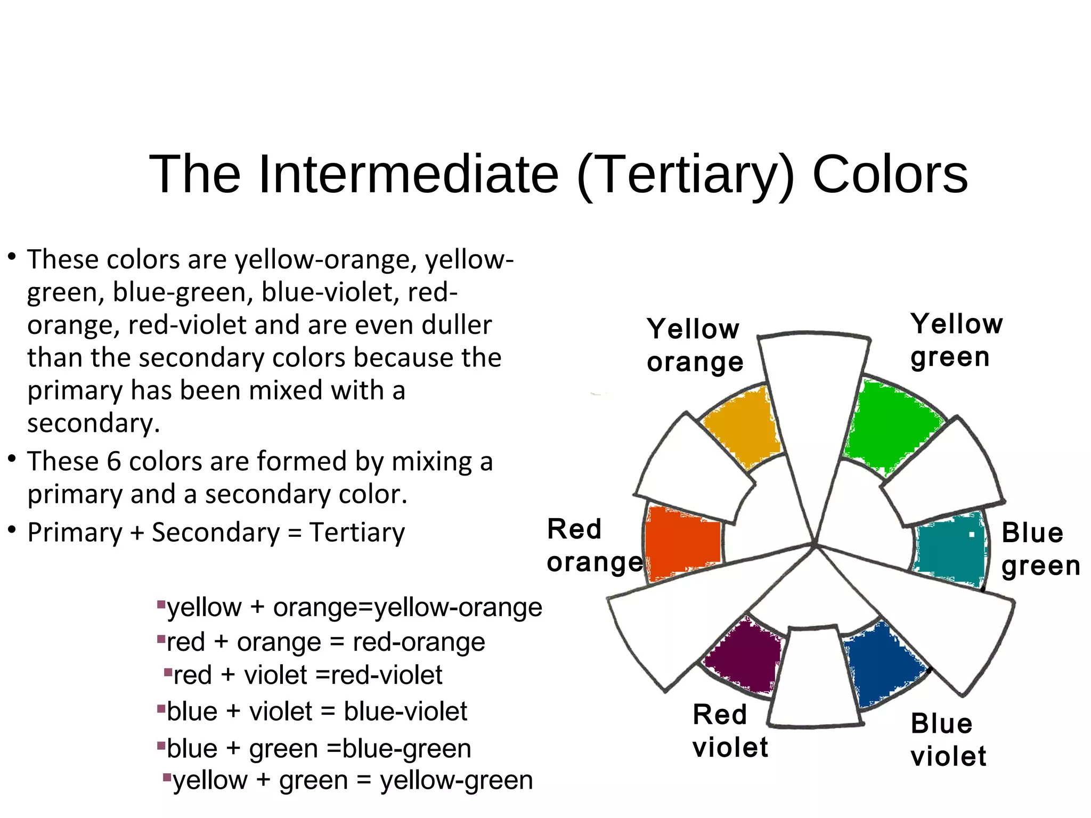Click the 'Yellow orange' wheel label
tap(694, 346)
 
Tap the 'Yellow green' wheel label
tap(956, 340)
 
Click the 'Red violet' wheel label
tap(730, 731)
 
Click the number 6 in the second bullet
tap(113, 461)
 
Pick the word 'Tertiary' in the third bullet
tap(357, 533)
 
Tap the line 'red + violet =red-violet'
tap(307, 675)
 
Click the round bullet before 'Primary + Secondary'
tap(11, 530)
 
